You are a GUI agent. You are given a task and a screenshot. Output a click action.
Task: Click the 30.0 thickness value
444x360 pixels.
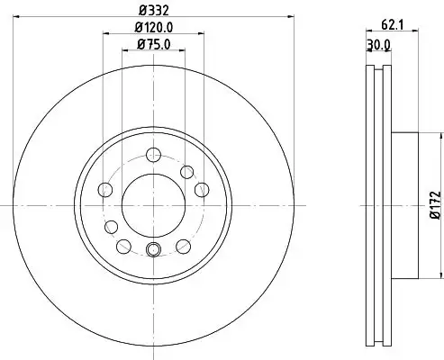coord(379,46)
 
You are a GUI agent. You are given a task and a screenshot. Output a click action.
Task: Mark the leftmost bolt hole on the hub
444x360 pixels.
coord(104,189)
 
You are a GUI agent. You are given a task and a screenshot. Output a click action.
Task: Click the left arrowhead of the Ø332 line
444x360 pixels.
coord(10,15)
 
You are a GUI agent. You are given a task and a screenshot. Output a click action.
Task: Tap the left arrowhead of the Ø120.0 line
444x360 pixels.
coord(106,34)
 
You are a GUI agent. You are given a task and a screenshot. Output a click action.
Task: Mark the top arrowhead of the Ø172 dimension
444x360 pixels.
coord(440,136)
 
